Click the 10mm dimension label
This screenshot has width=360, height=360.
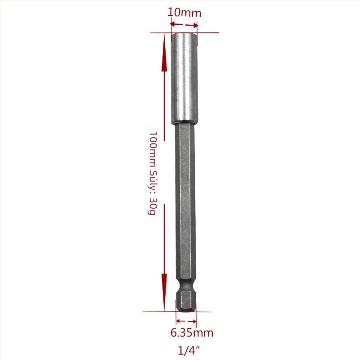point(184,13)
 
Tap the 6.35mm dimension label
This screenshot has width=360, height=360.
point(192,333)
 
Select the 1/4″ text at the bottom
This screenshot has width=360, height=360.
point(189,351)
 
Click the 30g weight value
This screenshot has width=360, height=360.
point(152,207)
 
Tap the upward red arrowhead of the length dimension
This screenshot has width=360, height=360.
point(164,52)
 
